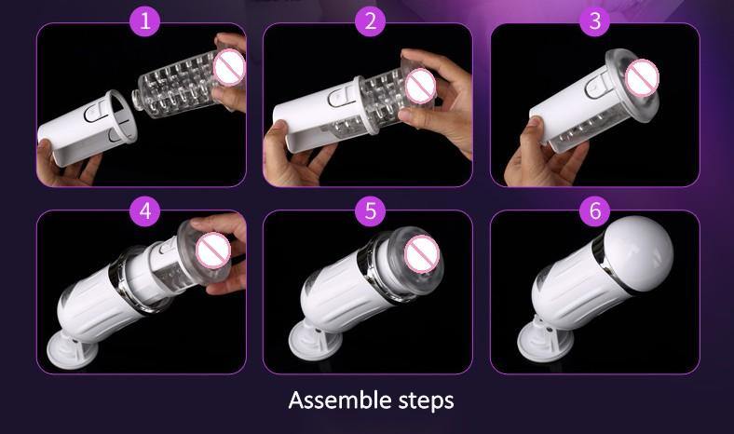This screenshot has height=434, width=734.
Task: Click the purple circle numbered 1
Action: click(x=145, y=21)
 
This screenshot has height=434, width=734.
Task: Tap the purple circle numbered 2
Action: click(x=371, y=21)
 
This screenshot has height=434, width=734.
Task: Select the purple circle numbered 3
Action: click(x=595, y=21)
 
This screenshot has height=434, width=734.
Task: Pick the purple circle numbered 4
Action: click(x=145, y=211)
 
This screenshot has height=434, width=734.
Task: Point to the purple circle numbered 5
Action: click(x=371, y=211)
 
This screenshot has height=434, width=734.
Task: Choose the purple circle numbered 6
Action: click(x=595, y=211)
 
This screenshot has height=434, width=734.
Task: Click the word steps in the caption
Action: click(x=426, y=401)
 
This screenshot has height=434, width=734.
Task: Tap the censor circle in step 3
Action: click(x=642, y=78)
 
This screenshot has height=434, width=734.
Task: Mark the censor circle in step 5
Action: click(x=422, y=254)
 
